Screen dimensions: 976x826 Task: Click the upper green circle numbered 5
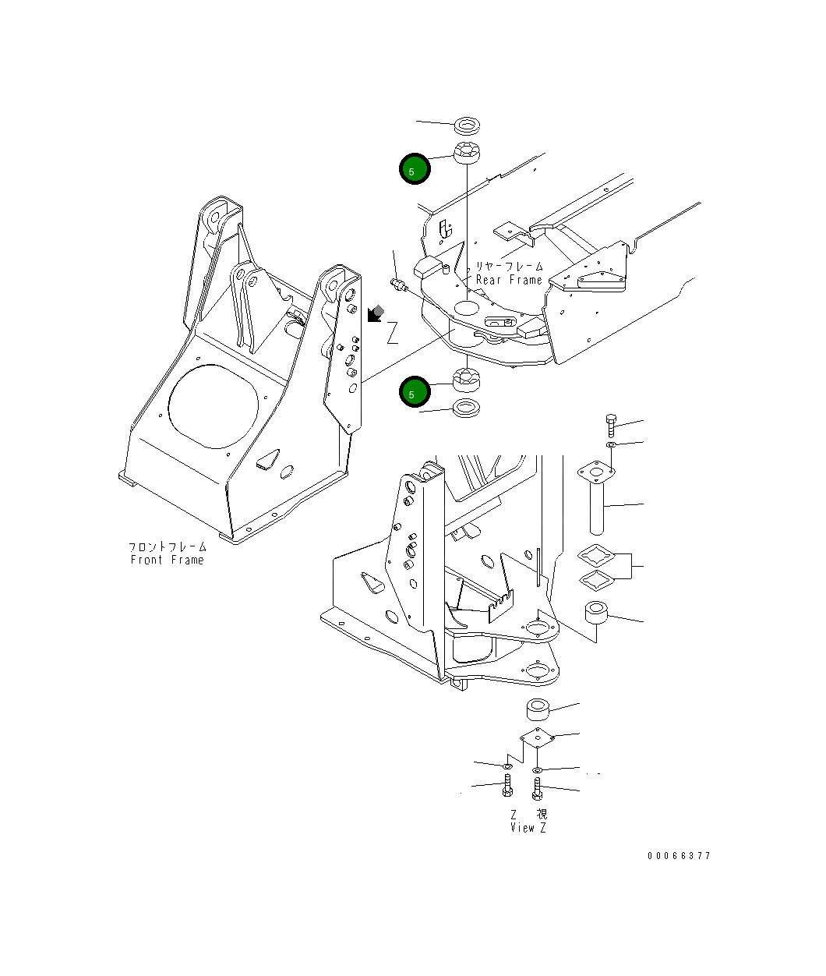415,168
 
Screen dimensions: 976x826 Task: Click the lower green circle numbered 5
415,392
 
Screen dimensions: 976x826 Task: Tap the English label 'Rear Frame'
509,280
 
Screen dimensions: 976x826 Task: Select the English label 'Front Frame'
167,560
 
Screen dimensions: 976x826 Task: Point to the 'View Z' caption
528,828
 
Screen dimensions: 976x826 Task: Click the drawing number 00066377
679,855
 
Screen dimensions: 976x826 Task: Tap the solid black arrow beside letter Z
374,313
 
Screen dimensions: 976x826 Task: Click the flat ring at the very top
468,125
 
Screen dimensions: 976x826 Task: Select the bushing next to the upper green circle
468,153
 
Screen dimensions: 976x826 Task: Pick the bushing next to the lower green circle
466,380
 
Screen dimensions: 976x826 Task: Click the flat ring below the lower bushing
467,408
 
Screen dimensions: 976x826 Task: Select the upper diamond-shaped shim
596,557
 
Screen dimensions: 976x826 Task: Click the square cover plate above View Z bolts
537,737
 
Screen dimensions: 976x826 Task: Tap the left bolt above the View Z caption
508,787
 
